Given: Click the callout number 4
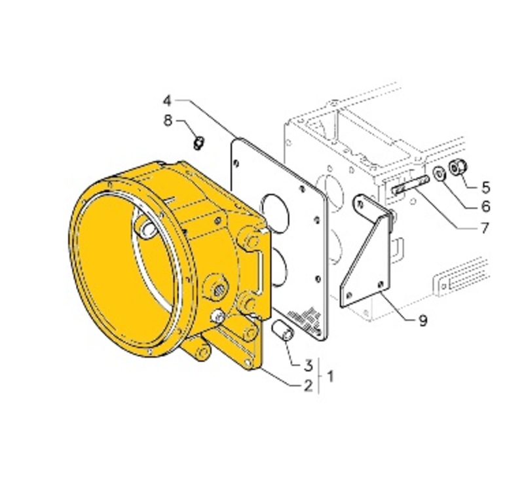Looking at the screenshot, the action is [x=168, y=101].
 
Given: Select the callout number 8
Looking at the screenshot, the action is [x=168, y=121].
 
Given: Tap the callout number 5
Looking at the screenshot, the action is [x=486, y=187].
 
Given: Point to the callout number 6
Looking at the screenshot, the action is [x=485, y=206].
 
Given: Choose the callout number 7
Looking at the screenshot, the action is [x=485, y=229].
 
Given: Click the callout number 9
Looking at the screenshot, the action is [x=423, y=321].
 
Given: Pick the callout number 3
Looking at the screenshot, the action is [x=308, y=365].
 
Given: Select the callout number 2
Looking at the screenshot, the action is [x=308, y=386].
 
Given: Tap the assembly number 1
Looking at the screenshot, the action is [x=331, y=377].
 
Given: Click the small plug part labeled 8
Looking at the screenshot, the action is [x=199, y=143].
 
